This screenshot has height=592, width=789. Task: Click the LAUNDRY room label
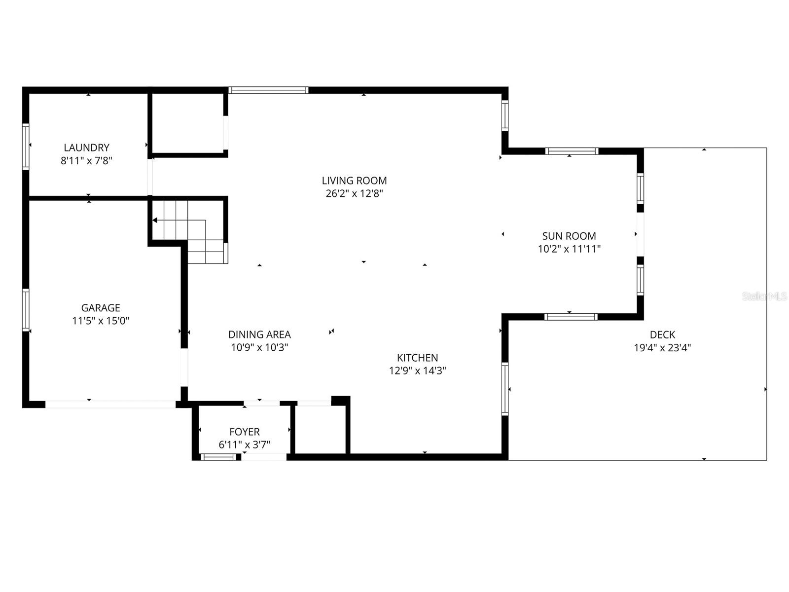tap(86, 148)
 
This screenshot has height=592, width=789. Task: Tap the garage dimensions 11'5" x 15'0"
tap(101, 321)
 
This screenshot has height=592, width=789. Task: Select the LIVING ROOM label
tap(354, 181)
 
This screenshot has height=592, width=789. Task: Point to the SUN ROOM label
tap(569, 236)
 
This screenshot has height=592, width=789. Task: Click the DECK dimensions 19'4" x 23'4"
tap(662, 347)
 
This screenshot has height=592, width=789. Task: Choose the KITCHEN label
tap(417, 358)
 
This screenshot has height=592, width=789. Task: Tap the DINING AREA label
tap(259, 334)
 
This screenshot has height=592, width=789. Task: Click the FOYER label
tap(244, 432)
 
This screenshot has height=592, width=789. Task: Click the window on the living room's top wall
tap(268, 90)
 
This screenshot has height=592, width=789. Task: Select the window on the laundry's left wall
tap(26, 147)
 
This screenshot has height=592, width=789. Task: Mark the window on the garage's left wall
tap(26, 309)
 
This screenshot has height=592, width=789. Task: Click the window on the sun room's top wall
tap(572, 151)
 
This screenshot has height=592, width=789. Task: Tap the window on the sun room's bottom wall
tap(571, 317)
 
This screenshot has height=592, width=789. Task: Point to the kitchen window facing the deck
tap(505, 388)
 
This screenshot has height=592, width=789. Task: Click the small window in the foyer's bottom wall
tap(218, 457)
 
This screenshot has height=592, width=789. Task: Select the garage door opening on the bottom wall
tap(110, 405)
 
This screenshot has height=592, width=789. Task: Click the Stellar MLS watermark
tap(764, 296)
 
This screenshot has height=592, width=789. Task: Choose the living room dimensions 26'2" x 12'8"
tap(354, 193)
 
